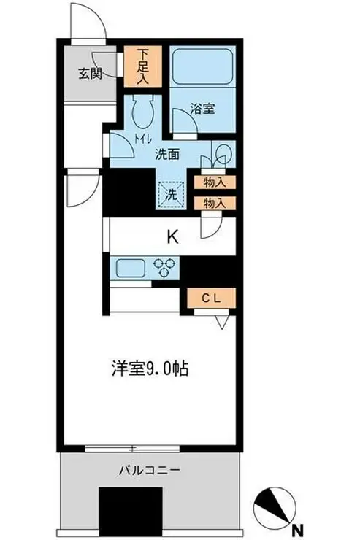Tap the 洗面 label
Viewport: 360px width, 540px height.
168,154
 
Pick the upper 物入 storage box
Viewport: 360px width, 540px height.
215,183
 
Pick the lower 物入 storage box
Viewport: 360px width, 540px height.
215,204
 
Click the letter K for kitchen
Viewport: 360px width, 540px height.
172,236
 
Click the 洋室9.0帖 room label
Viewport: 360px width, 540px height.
149,369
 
